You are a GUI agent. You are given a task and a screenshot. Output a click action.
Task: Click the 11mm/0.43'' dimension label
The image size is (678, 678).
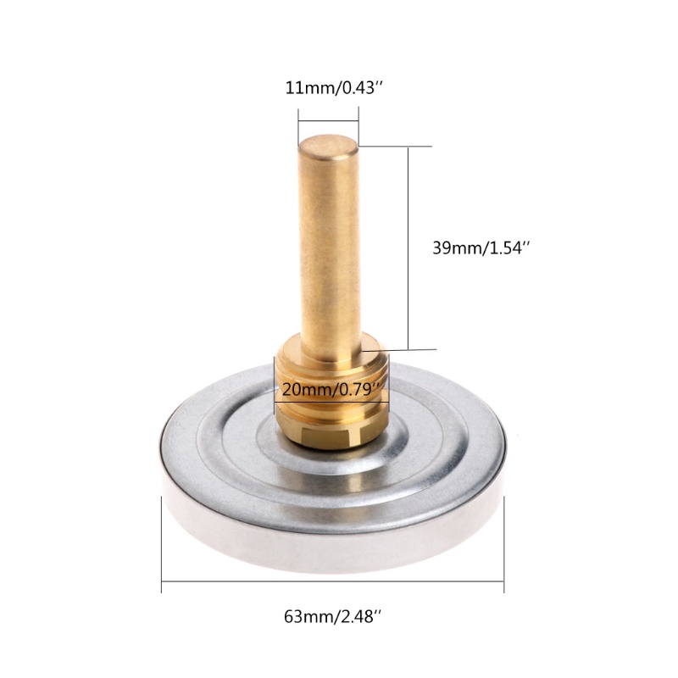point(334,88)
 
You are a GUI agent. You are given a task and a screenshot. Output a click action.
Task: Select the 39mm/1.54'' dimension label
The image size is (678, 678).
point(481,248)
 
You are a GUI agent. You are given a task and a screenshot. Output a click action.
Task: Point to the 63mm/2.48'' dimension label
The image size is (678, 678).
point(332,616)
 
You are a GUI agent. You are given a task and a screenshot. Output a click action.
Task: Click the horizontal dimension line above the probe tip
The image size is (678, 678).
point(328,121)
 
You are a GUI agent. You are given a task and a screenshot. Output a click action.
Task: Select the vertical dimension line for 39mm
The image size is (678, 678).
point(408,248)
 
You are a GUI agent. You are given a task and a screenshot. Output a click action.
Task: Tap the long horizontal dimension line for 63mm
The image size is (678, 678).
point(332,581)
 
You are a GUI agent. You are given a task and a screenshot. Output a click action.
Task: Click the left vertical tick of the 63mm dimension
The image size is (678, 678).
point(162,544)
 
